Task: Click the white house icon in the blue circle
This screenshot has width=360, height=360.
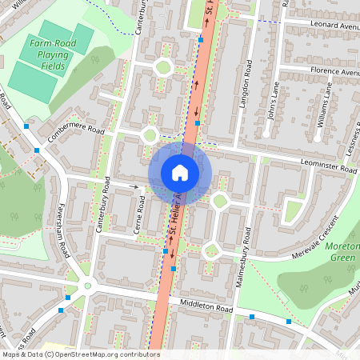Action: point(180,172)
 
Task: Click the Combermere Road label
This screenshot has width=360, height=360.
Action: point(76,135)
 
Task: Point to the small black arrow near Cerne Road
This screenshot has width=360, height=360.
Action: point(135,186)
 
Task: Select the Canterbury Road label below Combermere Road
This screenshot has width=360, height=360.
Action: point(103,207)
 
